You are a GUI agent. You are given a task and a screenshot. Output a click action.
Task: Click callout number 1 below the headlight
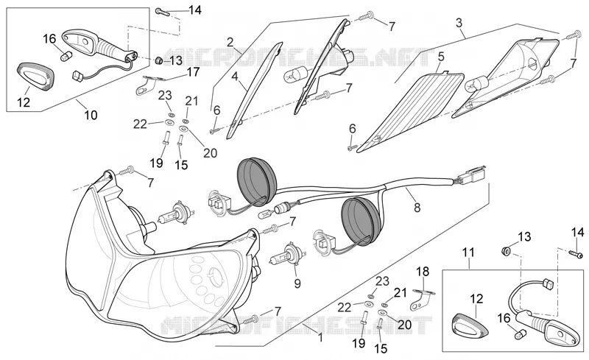point(320,338)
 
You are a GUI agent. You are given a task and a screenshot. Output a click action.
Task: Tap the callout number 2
point(230,42)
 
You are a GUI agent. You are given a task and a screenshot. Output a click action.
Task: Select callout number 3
point(459,23)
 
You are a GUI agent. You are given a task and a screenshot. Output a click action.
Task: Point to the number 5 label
point(440,57)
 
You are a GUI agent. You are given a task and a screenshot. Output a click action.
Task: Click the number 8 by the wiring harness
point(417,207)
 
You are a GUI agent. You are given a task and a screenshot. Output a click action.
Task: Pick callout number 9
point(297,283)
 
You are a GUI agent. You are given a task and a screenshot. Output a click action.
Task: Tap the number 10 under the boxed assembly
point(91,115)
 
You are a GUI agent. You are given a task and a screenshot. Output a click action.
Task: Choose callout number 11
point(468,253)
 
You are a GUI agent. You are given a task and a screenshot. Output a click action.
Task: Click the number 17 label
point(194,71)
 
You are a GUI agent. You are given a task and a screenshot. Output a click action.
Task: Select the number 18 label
point(423,272)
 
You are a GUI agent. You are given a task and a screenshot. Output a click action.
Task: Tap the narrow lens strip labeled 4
point(254,91)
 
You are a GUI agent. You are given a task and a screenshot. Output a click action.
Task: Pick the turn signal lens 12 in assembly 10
point(36,77)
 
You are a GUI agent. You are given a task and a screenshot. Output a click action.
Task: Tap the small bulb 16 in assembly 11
point(521,333)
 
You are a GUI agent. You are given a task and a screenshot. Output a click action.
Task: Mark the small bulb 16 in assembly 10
point(66,57)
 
